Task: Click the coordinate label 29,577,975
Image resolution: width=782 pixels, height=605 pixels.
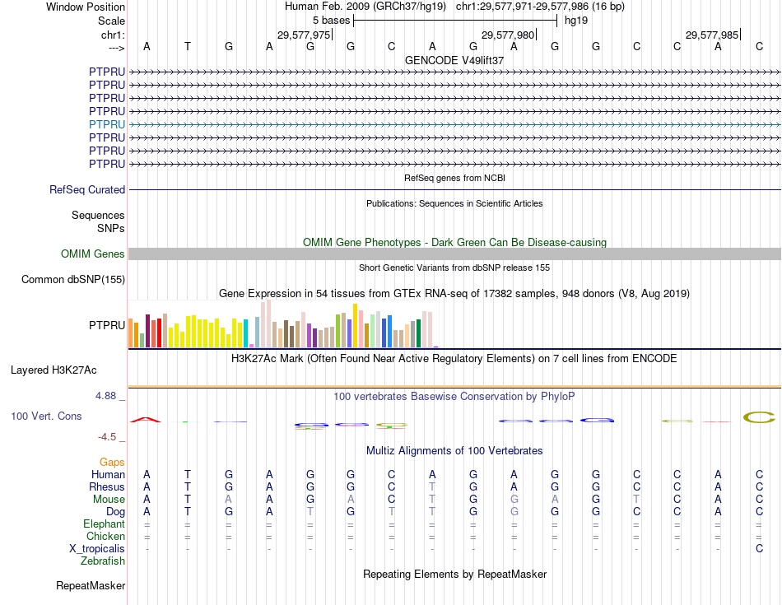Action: tap(304, 35)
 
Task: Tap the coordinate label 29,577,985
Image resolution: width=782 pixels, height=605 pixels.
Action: tap(712, 35)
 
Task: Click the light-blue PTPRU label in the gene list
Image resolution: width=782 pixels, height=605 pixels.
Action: tap(107, 124)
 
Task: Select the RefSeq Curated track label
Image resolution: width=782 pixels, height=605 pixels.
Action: tap(87, 189)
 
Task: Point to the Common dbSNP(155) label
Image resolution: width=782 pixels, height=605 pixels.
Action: tap(73, 280)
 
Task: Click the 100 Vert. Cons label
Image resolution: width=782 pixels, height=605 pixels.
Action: tap(46, 417)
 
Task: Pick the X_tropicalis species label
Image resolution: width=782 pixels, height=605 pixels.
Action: tap(97, 549)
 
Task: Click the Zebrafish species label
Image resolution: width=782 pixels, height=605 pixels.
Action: tap(103, 561)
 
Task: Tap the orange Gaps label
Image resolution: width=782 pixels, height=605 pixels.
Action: tap(112, 463)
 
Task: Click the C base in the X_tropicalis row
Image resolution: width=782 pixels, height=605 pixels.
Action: tap(759, 549)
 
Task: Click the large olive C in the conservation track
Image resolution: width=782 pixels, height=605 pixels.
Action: tap(759, 417)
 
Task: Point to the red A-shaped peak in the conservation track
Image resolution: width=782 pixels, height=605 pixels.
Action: tap(147, 420)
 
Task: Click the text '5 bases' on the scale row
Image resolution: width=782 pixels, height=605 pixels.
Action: tap(331, 21)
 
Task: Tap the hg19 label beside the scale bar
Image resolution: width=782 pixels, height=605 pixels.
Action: tap(575, 21)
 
